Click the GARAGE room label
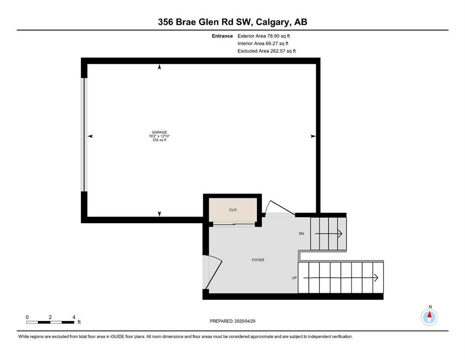pyautogui.click(x=159, y=132)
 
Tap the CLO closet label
pyautogui.click(x=233, y=210)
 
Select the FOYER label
pyautogui.click(x=258, y=260)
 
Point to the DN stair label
pyautogui.click(x=301, y=233)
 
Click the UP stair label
pyautogui.click(x=294, y=278)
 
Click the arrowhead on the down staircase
pyautogui.click(x=340, y=234)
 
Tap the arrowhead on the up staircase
pyautogui.click(x=376, y=278)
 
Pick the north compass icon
pyautogui.click(x=429, y=317)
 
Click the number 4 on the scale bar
pyautogui.click(x=74, y=317)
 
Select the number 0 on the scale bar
pyautogui.click(x=27, y=317)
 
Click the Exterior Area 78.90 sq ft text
pyautogui.click(x=264, y=36)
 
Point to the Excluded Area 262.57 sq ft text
pyautogui.click(x=266, y=51)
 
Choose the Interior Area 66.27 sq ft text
pyautogui.click(x=263, y=43)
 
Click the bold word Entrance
pyautogui.click(x=222, y=36)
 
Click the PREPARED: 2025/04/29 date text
pyautogui.click(x=232, y=321)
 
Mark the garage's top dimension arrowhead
pyautogui.click(x=160, y=67)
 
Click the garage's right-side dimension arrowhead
pyautogui.click(x=313, y=136)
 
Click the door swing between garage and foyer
pyautogui.click(x=280, y=207)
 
